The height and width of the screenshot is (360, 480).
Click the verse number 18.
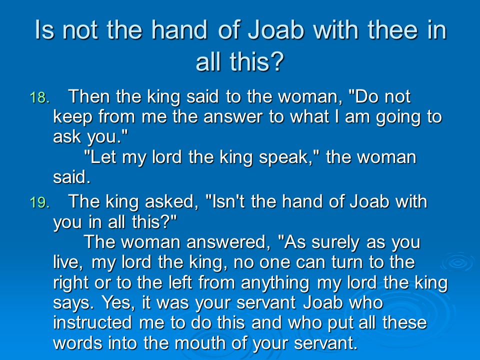tap(39, 97)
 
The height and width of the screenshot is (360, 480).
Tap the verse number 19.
tap(39, 202)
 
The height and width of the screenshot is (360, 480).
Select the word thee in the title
tap(393, 30)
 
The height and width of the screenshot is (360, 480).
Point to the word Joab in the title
tap(276, 30)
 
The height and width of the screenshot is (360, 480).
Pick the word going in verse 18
tap(398, 117)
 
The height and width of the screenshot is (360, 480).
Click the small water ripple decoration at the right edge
tap(458, 262)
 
